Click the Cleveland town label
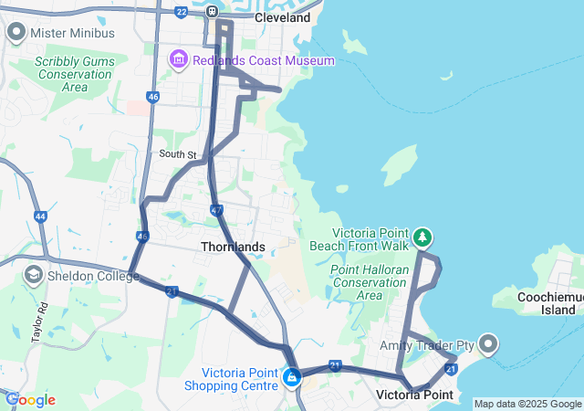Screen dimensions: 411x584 point(283,17)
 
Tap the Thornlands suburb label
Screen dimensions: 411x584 point(233,247)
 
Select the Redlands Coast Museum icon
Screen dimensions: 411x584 point(178,60)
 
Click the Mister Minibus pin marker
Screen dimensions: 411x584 point(16,33)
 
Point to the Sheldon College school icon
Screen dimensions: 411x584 point(34,274)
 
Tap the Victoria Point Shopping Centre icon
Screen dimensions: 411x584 point(292,376)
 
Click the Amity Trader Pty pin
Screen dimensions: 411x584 point(488,344)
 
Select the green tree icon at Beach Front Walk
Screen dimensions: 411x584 point(422,237)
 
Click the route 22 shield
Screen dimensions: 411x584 point(182,12)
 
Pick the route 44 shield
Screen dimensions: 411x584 point(40,216)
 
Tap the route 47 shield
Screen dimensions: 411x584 point(216,210)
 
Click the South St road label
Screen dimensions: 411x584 point(178,154)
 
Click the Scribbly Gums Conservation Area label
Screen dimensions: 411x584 point(62,74)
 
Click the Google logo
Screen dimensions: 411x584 point(30,400)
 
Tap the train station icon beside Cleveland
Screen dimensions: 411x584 point(212,12)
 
